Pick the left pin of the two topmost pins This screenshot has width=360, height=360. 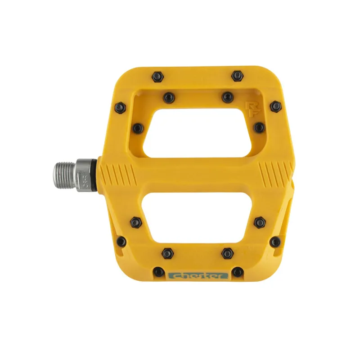[157, 76]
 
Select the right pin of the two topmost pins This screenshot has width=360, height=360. [237, 76]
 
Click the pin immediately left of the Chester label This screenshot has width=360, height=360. [158, 272]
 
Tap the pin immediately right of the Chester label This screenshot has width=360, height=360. [237, 272]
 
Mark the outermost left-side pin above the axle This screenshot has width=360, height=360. [120, 107]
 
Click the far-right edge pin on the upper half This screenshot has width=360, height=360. [276, 107]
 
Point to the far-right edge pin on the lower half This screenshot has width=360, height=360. [275, 242]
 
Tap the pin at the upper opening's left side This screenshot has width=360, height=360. [138, 129]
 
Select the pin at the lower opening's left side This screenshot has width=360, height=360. [135, 221]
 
